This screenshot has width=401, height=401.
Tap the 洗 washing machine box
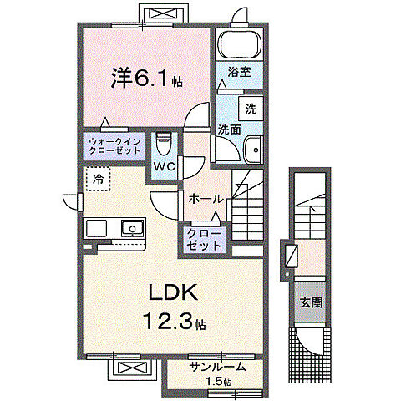coord(251,109)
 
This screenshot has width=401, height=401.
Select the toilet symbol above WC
coord(164,143)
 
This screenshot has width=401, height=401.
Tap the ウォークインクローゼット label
coord(114,148)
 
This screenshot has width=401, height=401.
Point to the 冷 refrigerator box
coord(99,178)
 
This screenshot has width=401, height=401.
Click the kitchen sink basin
coord(131,227)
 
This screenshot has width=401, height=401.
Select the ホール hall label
coord(206,199)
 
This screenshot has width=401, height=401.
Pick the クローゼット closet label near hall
coord(204,240)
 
